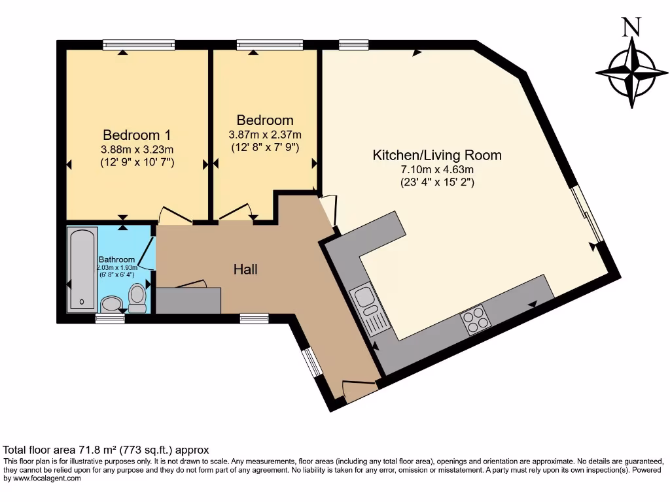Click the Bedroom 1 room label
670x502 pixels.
[137, 135]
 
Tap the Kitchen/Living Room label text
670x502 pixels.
[437, 156]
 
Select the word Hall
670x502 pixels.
[246, 269]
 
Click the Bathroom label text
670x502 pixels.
[116, 259]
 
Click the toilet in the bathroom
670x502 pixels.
[137, 297]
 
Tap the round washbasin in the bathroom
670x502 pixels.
[111, 305]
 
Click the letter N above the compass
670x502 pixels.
[630, 27]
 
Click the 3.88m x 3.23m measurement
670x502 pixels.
[137, 150]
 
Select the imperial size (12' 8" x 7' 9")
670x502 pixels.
[265, 148]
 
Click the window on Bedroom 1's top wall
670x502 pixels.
[139, 44]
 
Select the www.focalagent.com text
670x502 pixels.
[46, 478]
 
